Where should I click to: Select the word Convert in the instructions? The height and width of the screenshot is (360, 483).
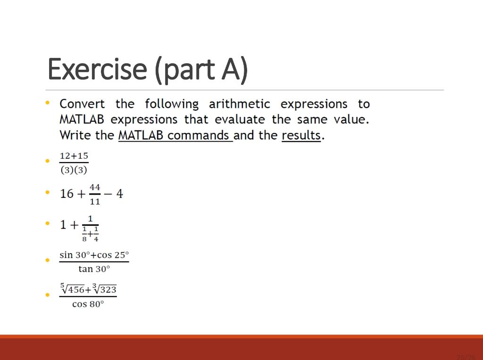83,104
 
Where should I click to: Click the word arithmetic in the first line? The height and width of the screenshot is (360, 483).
239,104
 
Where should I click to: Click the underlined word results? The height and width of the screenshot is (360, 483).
301,135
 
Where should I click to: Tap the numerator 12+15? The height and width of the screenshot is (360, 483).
74,155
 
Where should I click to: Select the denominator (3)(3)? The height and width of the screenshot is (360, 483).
74,170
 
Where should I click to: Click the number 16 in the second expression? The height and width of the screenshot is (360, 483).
67,194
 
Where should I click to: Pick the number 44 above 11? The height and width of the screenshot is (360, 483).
95,187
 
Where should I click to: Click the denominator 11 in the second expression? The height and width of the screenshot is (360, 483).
95,201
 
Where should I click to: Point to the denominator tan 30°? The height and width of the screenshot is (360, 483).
94,269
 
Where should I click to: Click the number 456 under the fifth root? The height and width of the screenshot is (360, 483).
75,290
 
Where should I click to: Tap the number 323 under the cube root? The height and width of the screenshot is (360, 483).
108,290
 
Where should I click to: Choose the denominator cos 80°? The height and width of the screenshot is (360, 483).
88,304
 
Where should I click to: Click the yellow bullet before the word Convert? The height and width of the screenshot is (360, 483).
48,102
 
